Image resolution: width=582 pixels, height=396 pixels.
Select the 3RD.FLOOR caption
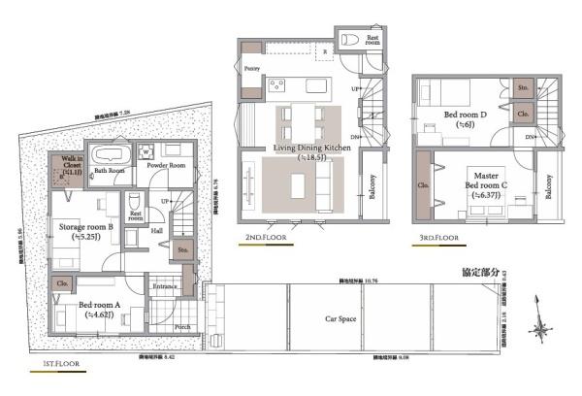click(435, 237)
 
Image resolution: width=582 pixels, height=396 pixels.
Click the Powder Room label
click(165, 166)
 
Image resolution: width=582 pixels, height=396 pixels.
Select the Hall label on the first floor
click(157, 231)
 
